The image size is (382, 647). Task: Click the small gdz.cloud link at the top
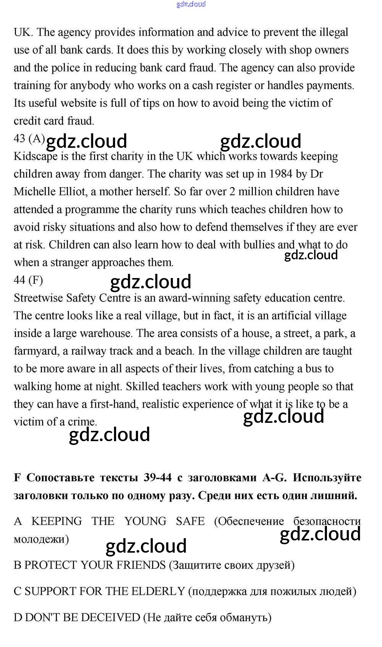pyautogui.click(x=191, y=4)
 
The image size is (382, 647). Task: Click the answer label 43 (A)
pyautogui.click(x=29, y=138)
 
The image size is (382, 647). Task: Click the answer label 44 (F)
pyautogui.click(x=28, y=280)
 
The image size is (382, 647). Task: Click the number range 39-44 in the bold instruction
pyautogui.click(x=157, y=477)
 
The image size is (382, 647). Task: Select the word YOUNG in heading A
pyautogui.click(x=145, y=521)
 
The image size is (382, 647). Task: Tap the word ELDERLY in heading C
pyautogui.click(x=158, y=591)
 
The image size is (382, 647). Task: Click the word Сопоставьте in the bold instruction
pyautogui.click(x=60, y=477)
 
